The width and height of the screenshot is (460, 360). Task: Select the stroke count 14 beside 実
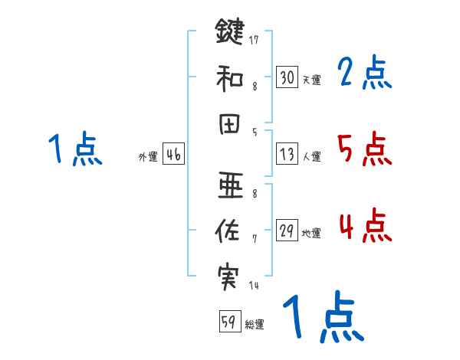(x=254, y=286)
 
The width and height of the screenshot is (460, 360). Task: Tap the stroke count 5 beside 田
(x=255, y=132)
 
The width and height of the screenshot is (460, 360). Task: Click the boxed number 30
(x=287, y=77)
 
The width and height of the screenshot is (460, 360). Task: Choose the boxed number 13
(x=287, y=154)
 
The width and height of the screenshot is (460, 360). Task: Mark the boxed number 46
(x=173, y=155)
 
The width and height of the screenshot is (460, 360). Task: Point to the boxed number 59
(x=228, y=322)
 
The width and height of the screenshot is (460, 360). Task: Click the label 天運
(x=311, y=80)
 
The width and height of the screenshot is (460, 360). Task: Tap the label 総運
(x=254, y=325)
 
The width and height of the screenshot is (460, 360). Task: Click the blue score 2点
(x=364, y=74)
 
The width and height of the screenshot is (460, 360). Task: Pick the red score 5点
(x=364, y=149)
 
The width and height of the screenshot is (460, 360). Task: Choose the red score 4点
(x=364, y=226)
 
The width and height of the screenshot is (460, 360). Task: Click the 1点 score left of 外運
(x=75, y=149)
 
